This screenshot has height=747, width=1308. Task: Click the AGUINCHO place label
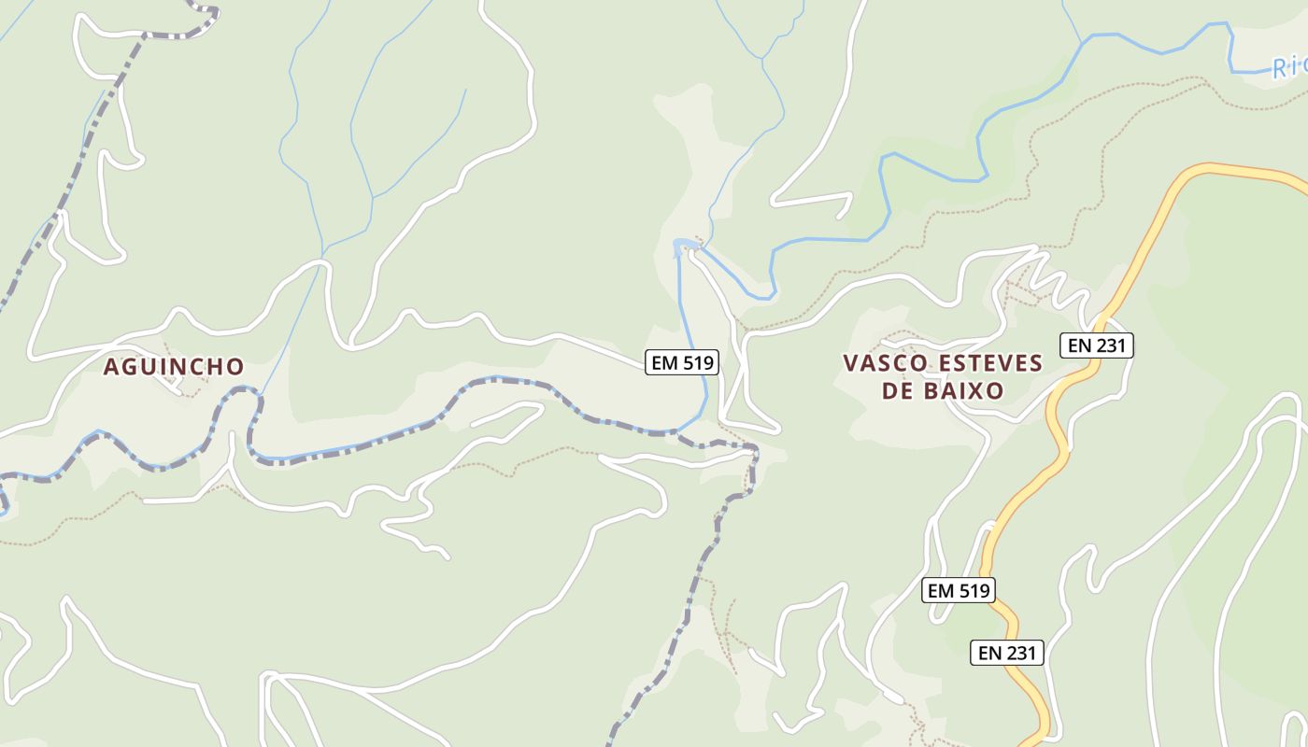[173, 367]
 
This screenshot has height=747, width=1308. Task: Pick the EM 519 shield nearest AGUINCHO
[682, 362]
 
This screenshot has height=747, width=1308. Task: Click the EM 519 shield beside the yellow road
[958, 590]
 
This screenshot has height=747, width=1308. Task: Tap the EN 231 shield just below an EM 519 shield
[1007, 652]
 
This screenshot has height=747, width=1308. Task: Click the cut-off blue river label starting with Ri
[1288, 67]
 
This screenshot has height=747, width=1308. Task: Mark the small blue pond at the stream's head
[684, 247]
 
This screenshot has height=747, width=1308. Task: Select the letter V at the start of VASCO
[850, 363]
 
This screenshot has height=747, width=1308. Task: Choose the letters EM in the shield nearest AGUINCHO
[664, 362]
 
